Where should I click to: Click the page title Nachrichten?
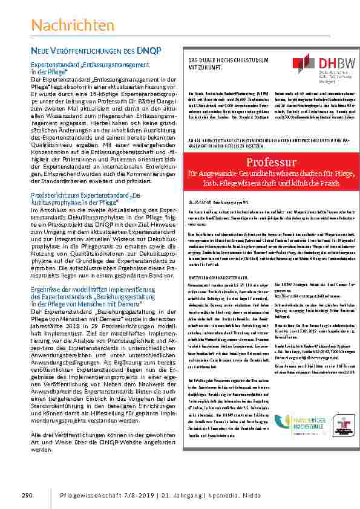(x=73, y=25)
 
